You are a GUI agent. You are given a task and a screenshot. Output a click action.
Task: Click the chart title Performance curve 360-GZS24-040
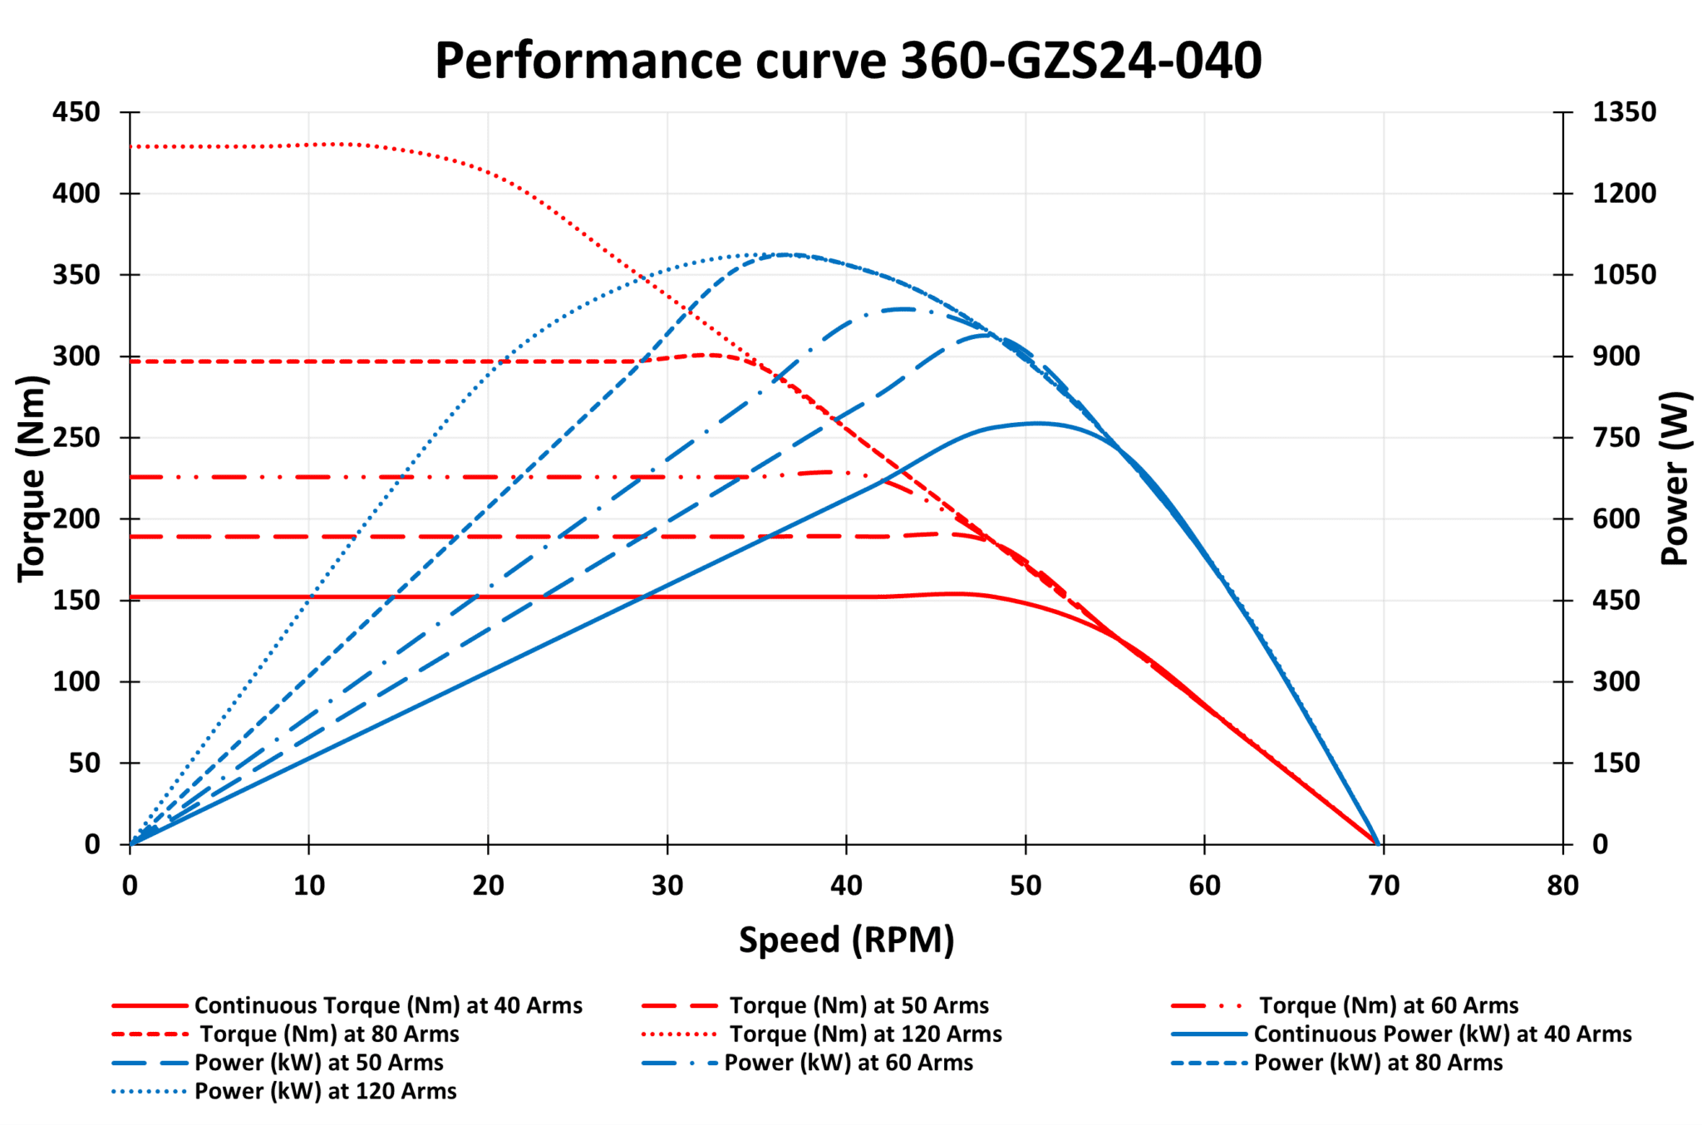pos(848,61)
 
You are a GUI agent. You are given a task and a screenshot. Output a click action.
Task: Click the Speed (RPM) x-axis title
pos(846,940)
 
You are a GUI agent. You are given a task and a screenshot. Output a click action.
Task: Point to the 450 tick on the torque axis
pos(76,112)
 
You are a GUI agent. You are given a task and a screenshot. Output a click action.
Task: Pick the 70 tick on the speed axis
pos(1384,886)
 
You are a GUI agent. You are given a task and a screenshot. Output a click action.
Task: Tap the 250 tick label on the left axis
pos(76,438)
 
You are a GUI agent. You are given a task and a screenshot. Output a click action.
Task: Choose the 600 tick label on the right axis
pos(1616,518)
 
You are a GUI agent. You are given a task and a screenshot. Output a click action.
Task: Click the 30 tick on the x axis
pos(667,886)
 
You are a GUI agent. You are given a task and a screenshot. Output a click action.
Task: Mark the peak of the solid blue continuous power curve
pos(1036,423)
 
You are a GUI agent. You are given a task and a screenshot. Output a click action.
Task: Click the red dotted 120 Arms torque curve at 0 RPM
pos(131,147)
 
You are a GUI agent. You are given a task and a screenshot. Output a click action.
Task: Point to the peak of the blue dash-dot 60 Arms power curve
pos(903,309)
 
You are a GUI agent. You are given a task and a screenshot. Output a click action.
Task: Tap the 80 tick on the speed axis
pos(1562,886)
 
